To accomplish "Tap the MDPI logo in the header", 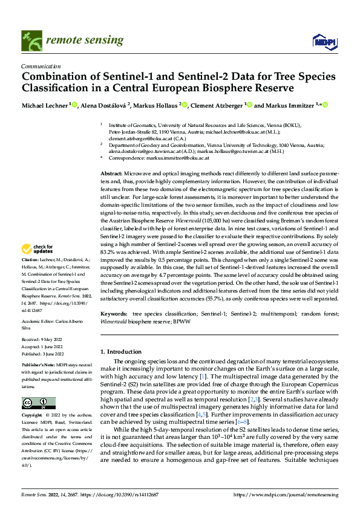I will click(321, 41).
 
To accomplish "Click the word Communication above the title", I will click(41, 67).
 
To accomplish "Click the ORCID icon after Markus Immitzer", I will click(324, 105).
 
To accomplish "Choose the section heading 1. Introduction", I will click(121, 352).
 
